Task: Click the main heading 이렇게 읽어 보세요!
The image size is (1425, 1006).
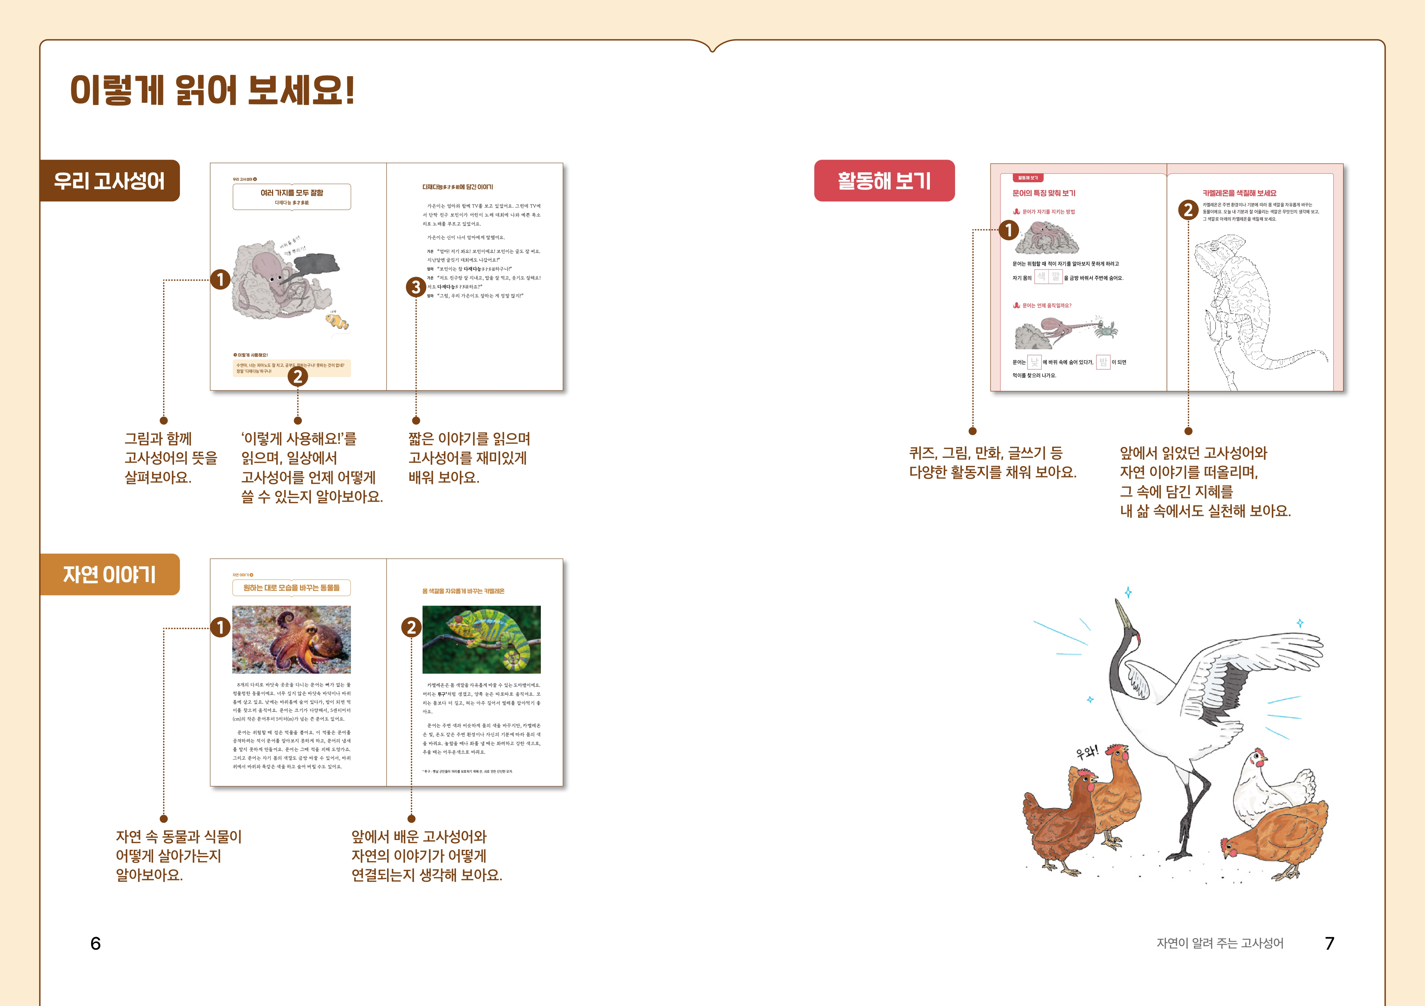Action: [x=212, y=90]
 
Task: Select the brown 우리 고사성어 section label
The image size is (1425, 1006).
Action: [x=109, y=181]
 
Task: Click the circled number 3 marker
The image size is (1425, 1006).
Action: [x=415, y=287]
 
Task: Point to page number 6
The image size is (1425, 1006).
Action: [x=95, y=943]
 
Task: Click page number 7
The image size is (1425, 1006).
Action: [x=1330, y=943]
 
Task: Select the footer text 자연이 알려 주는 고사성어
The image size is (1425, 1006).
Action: [x=1220, y=943]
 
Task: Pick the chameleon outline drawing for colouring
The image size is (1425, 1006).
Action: [x=1247, y=310]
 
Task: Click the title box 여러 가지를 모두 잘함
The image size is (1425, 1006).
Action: [x=292, y=197]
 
